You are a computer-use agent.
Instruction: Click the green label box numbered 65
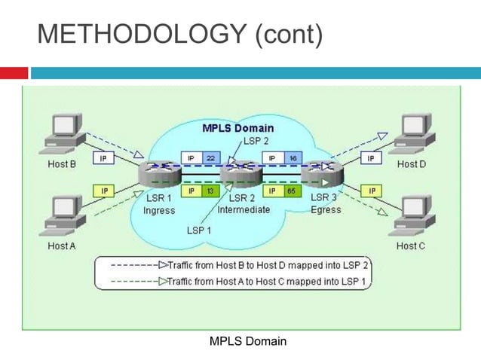pyautogui.click(x=290, y=191)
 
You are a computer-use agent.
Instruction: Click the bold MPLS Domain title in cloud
pyautogui.click(x=237, y=128)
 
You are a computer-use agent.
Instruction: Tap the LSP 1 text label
pyautogui.click(x=200, y=229)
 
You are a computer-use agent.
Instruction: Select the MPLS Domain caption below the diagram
pyautogui.click(x=247, y=342)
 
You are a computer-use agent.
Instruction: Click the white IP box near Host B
pyautogui.click(x=104, y=159)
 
